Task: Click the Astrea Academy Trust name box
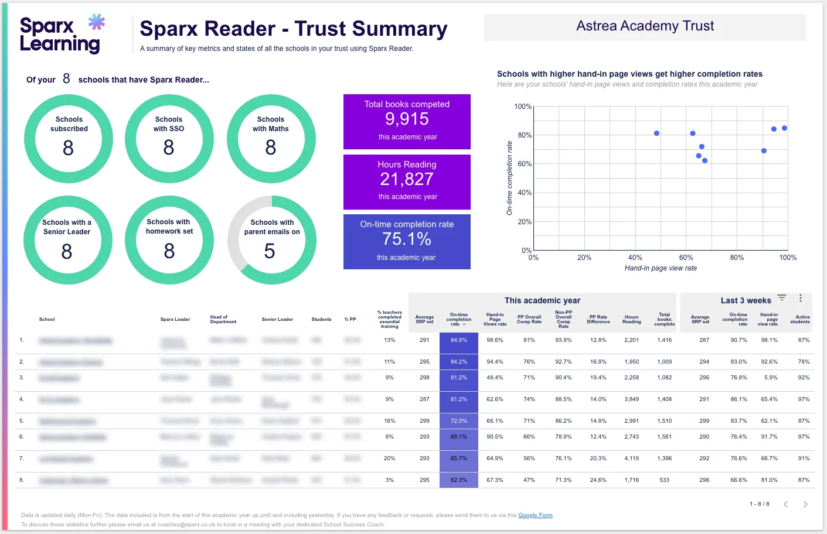[x=645, y=26]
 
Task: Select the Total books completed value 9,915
[x=407, y=119]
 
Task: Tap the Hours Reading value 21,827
[x=407, y=179]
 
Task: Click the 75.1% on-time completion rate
[x=407, y=239]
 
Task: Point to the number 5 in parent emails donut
[x=270, y=251]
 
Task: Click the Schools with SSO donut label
[x=169, y=124]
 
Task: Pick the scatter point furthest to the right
[x=784, y=128]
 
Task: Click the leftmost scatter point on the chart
[x=656, y=133]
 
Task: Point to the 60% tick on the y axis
[x=524, y=164]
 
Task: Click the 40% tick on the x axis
[x=635, y=258]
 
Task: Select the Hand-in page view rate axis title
[x=661, y=268]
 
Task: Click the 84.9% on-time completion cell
[x=459, y=340]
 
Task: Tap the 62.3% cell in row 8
[x=459, y=480]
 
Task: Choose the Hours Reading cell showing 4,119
[x=631, y=458]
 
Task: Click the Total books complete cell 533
[x=664, y=480]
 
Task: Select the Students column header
[x=321, y=320]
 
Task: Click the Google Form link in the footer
[x=535, y=515]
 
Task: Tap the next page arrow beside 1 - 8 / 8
[x=805, y=504]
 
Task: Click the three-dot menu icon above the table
[x=801, y=299]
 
